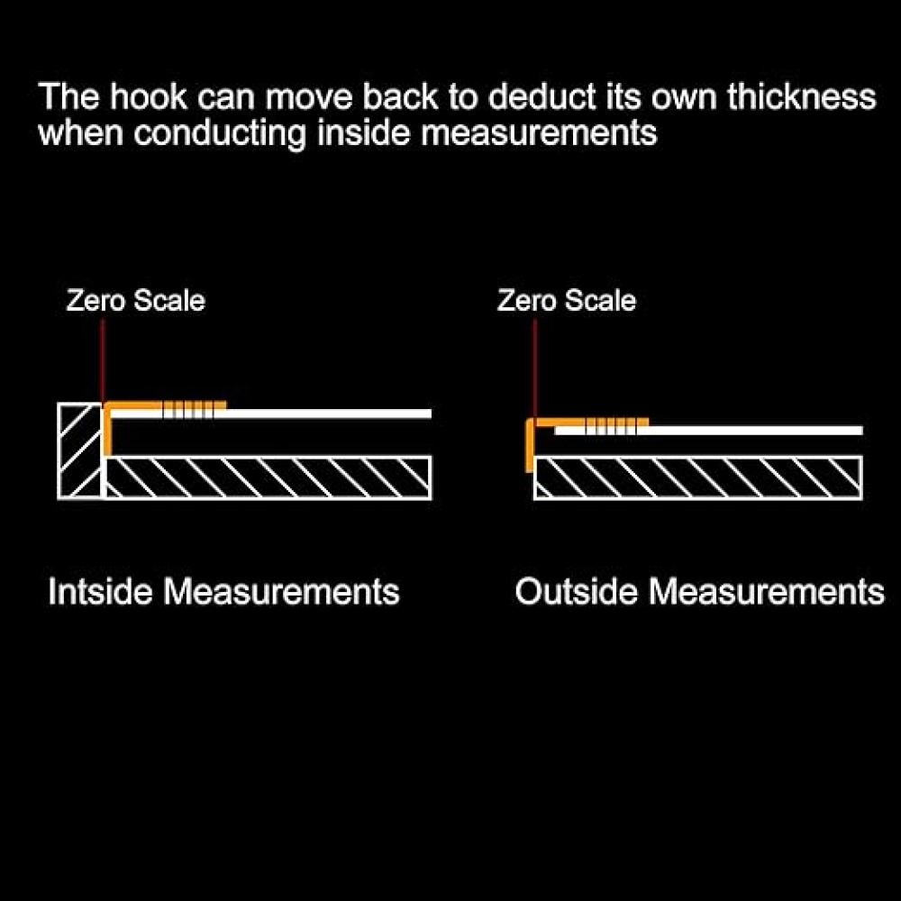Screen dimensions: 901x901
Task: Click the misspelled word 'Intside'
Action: coord(102,592)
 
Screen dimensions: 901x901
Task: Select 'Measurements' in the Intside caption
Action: coord(281,592)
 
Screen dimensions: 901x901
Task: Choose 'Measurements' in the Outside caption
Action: coord(767,592)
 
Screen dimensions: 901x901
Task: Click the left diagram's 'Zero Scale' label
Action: coord(135,300)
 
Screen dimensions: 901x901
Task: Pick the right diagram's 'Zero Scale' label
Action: coord(567,300)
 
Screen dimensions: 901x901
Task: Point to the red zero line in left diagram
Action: coord(103,360)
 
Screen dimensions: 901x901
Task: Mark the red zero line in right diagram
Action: coord(535,369)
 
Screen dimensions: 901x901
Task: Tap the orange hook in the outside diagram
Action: coord(529,446)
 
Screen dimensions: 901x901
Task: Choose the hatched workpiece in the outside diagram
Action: coord(698,478)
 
